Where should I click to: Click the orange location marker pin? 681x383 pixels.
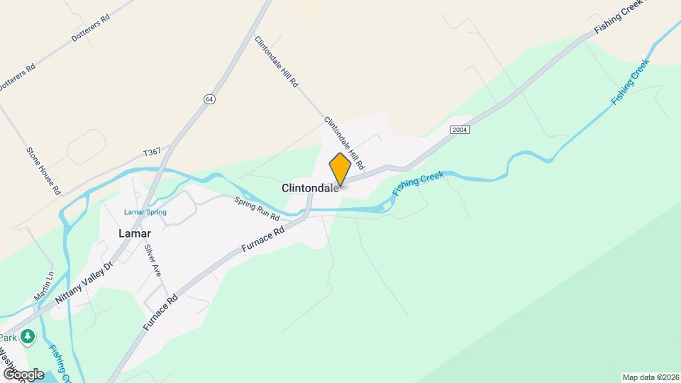340,170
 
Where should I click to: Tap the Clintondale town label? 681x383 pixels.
310,189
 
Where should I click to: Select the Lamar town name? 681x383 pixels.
135,233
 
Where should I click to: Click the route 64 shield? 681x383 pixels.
209,99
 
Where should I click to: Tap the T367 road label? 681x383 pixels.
153,152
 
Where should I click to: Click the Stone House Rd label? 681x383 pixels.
44,170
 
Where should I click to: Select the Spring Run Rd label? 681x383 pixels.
258,208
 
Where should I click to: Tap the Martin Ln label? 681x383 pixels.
45,285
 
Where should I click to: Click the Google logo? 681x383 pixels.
23,374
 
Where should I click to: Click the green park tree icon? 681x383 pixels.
28,337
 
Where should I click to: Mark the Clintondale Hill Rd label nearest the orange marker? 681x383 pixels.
344,143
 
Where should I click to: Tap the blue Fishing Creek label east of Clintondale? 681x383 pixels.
419,184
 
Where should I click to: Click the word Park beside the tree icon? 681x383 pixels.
9,338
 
